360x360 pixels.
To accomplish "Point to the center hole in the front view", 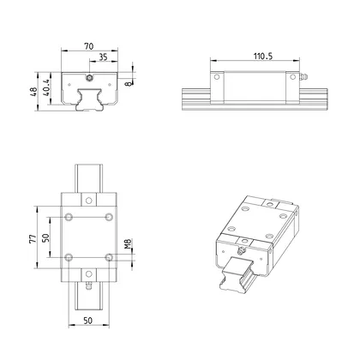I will pos(89,77).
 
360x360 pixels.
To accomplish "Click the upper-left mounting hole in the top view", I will pos(67,215).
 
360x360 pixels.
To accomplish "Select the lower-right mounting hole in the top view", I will pos(108,256).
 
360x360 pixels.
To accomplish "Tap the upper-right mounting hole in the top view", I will pos(108,215).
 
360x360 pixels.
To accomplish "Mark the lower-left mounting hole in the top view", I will pos(67,256).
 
